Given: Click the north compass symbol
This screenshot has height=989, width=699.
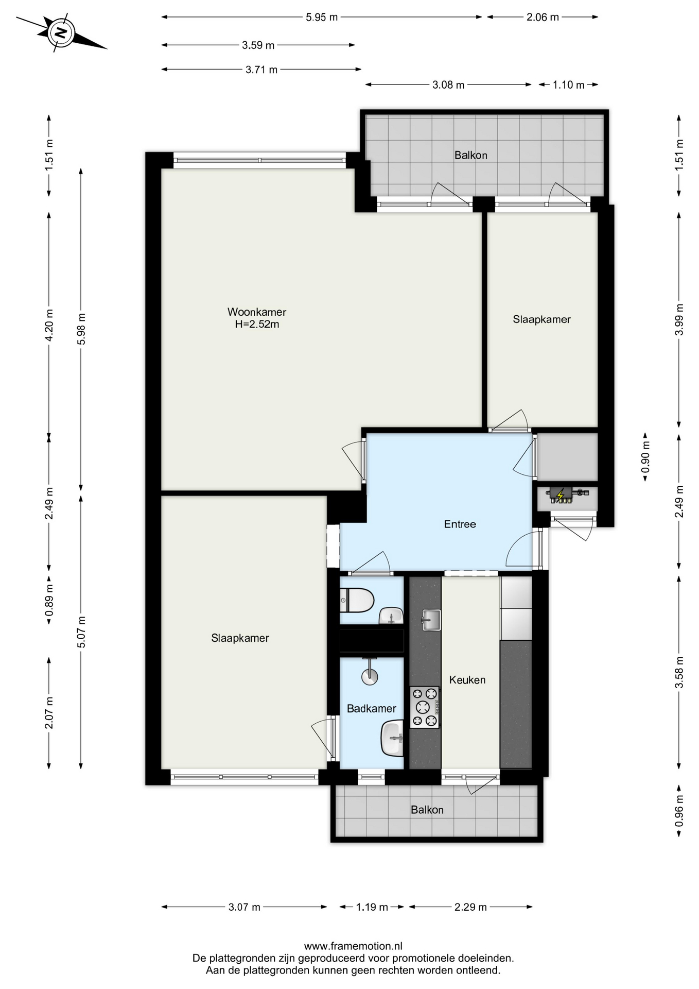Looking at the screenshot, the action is coord(61,33).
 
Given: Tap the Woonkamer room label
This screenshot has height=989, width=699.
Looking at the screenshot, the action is coord(257,312).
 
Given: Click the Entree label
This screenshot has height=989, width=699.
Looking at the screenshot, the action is coord(460,524).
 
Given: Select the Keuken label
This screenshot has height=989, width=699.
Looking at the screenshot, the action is coord(467,680).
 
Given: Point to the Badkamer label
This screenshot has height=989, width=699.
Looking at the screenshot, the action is coord(371,709).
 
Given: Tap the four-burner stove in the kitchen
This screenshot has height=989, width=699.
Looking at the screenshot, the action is coord(425,707).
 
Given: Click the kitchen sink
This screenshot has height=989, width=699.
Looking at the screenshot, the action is coord(430,620).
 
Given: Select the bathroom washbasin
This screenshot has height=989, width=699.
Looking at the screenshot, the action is coord(392,738).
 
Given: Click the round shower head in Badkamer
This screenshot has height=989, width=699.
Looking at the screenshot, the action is coord(370,677).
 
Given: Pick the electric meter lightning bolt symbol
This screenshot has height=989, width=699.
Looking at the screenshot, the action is coord(560,495).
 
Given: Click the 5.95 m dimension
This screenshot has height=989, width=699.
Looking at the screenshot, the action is coord(322,17).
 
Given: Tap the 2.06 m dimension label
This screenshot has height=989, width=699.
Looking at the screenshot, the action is coord(543,17).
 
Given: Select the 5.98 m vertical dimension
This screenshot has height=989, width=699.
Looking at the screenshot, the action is coord(81,330).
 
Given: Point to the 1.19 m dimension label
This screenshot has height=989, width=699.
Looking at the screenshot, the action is coord(372,907).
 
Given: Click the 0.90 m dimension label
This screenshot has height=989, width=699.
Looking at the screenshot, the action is coord(645,457).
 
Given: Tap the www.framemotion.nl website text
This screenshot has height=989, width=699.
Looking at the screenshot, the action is coord(353,946).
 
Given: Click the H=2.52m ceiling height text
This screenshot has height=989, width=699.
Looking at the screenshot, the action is coord(257,325).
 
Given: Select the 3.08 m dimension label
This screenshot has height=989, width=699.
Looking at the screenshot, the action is coord(448,85).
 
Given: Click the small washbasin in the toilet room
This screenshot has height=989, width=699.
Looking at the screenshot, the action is coord(391,616).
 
